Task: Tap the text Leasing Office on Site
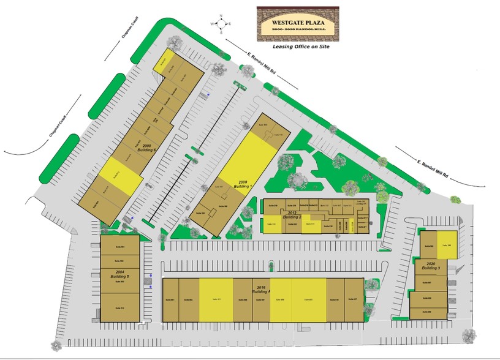299,47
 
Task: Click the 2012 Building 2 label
292,216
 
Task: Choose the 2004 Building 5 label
119,276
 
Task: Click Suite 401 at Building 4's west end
171,299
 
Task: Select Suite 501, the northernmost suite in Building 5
120,246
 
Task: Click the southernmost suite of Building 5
120,307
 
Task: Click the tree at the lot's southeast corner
470,335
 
